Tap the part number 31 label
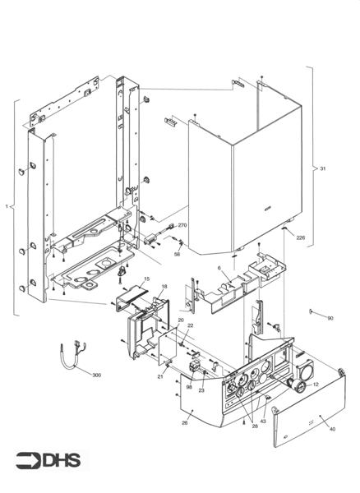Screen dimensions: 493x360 (323, 169)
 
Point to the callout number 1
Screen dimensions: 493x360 (7, 209)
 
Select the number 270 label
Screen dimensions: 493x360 (182, 225)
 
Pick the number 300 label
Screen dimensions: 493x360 (96, 375)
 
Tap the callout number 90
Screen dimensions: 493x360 (330, 317)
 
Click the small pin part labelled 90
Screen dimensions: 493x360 (315, 311)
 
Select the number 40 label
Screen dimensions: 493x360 (332, 429)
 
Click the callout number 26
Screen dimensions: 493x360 (185, 423)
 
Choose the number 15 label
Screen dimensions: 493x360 (146, 279)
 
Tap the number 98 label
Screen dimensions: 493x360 (188, 387)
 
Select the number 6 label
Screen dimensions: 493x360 (219, 268)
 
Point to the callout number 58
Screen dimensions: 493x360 (177, 254)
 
